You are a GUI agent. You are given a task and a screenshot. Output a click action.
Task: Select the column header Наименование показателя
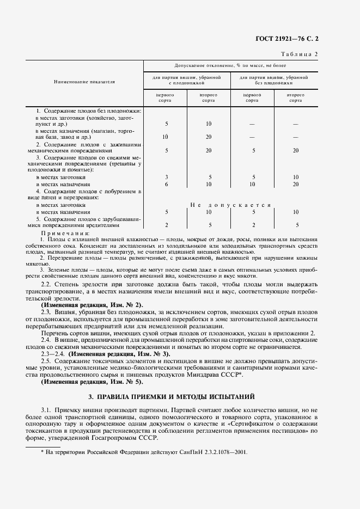(x=84, y=82)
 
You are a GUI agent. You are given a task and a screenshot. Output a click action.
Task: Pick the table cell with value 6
(x=166, y=185)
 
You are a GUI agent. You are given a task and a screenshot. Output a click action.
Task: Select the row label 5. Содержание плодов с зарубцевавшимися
(x=88, y=222)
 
